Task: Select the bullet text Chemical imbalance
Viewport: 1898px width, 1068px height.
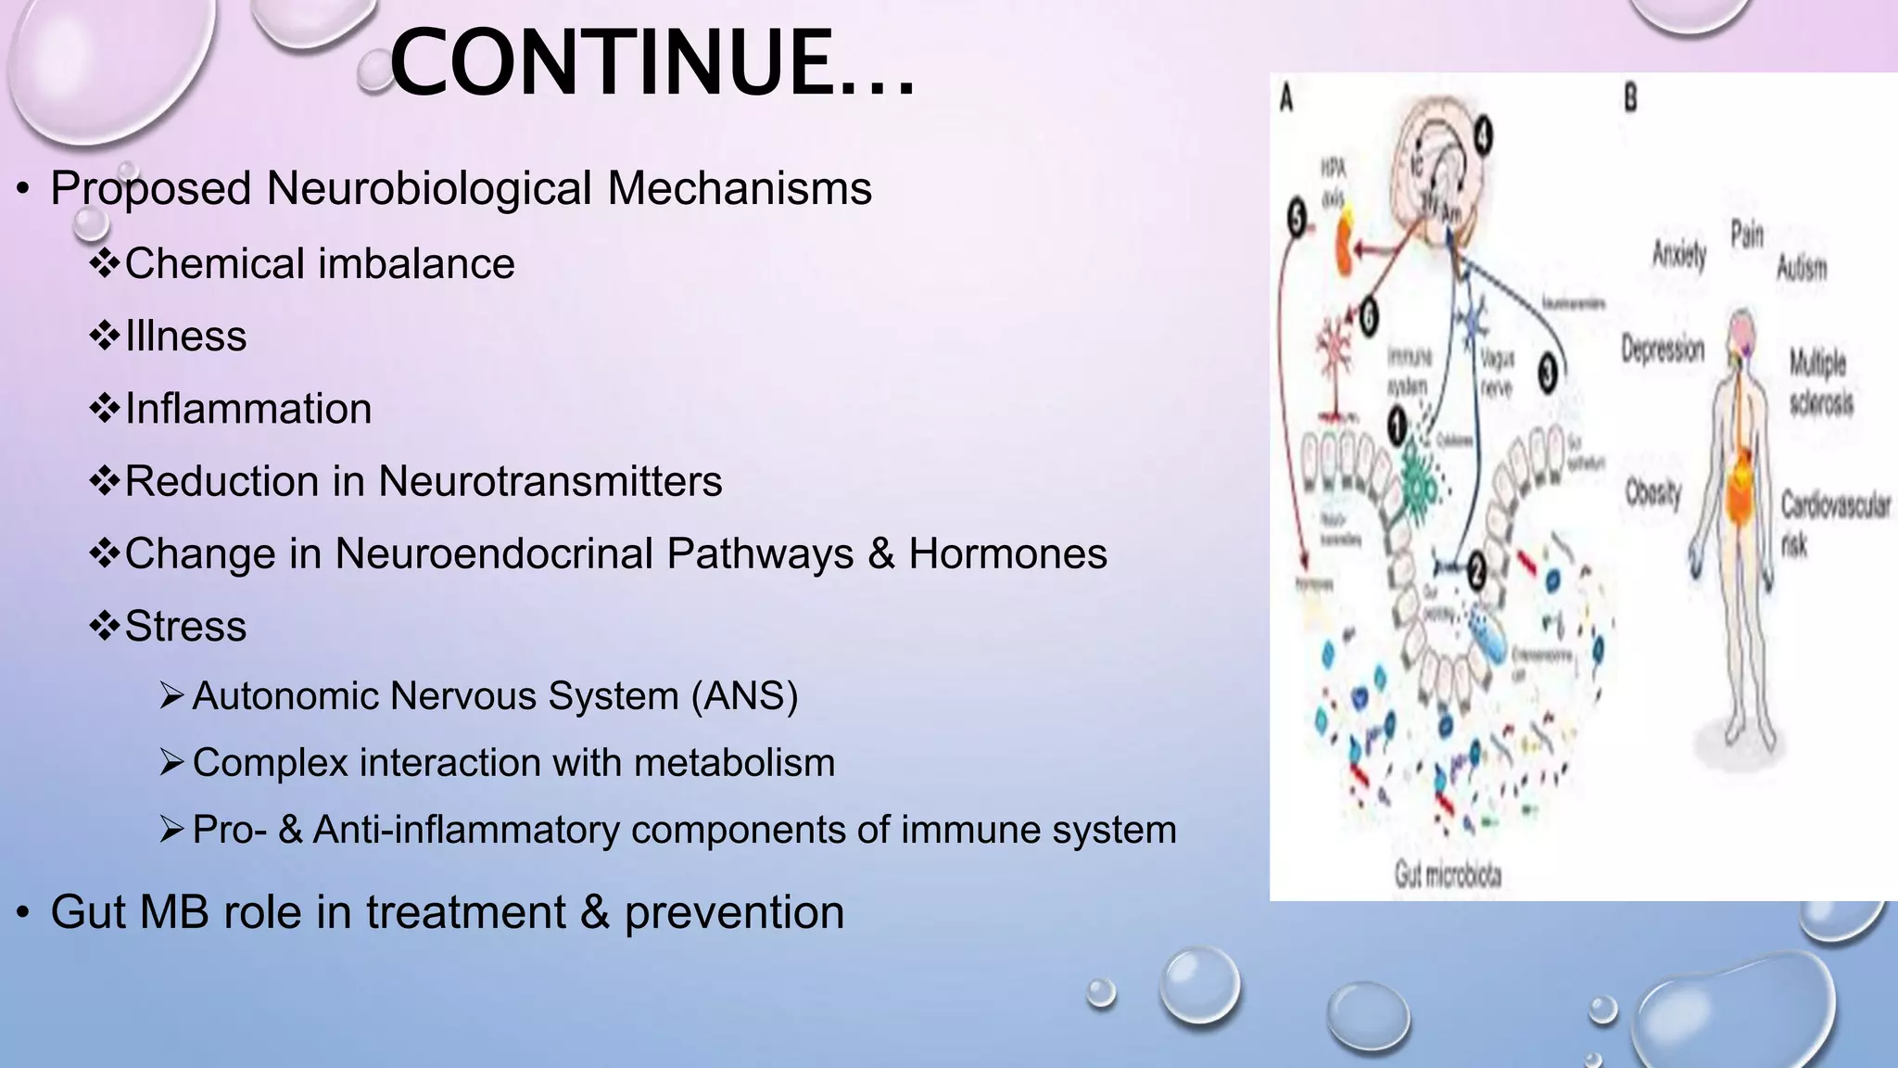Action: pos(320,264)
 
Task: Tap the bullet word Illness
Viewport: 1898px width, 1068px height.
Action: pos(185,337)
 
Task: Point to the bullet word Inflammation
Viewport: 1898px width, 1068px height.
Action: pos(248,409)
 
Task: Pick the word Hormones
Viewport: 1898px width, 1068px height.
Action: pos(1007,553)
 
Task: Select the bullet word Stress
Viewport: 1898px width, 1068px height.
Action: pos(185,626)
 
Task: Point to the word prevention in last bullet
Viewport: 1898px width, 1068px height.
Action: pos(734,912)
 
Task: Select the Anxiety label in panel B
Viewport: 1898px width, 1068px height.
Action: pos(1679,253)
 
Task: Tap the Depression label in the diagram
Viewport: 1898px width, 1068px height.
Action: pos(1663,349)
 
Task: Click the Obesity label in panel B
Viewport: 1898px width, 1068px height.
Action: pos(1653,493)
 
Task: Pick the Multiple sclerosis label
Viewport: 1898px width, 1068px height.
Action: pos(1820,382)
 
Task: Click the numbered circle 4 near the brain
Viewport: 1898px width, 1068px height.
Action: pos(1483,137)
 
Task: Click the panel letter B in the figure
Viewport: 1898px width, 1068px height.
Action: pos(1630,97)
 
